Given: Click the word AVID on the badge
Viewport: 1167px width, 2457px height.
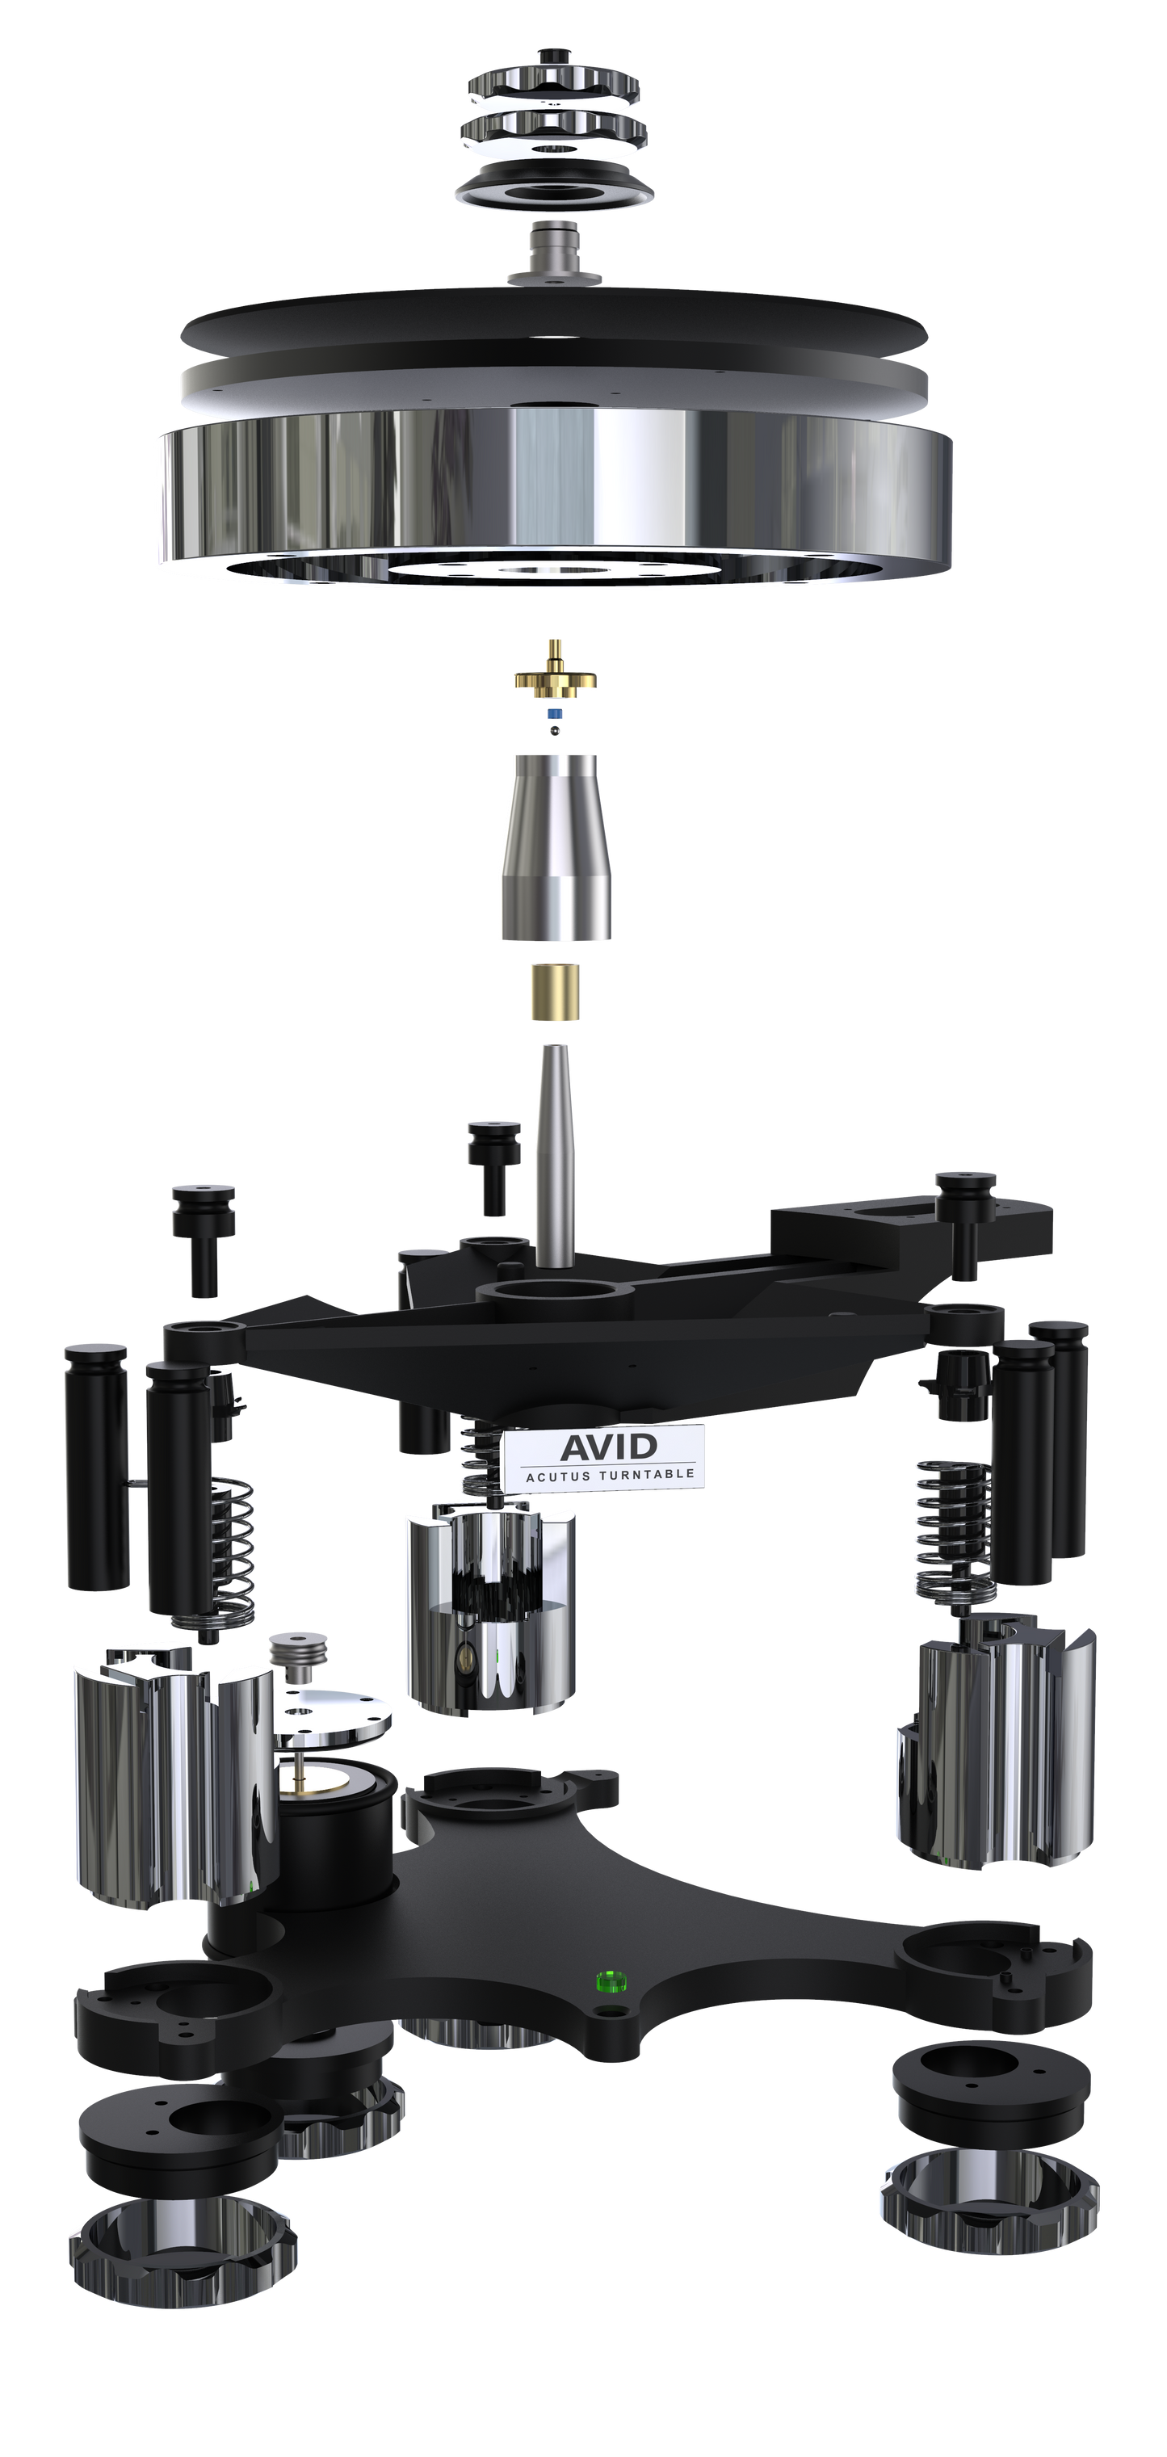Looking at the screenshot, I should point(608,1445).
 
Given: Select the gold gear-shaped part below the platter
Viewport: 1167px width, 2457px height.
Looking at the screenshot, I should point(554,678).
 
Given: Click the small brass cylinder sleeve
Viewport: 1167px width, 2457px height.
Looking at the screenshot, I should point(554,993).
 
